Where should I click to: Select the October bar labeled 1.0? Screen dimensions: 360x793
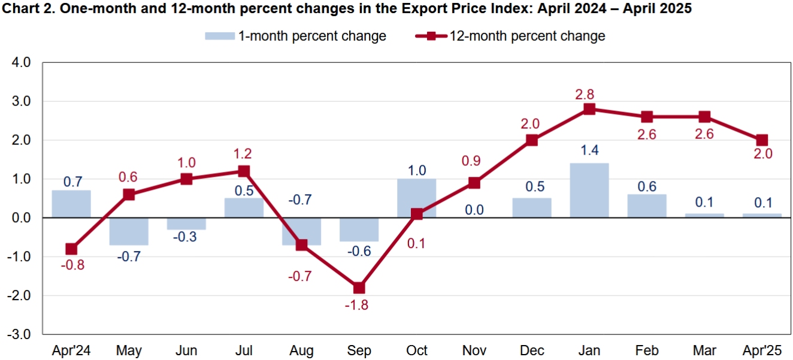tap(416, 198)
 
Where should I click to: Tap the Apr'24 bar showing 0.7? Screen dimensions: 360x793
tap(71, 204)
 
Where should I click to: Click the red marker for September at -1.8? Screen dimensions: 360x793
tap(359, 288)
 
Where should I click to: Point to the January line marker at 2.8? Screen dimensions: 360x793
tap(589, 109)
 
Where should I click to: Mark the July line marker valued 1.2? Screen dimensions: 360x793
tap(244, 171)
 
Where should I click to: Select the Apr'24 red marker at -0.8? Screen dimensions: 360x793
tap(71, 249)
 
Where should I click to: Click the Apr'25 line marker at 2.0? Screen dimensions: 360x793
tap(761, 140)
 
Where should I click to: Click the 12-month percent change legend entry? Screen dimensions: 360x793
tap(510, 36)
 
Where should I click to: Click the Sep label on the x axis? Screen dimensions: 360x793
tap(359, 350)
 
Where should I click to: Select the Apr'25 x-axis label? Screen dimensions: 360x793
tap(761, 350)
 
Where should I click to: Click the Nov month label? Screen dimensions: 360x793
tap(474, 350)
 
